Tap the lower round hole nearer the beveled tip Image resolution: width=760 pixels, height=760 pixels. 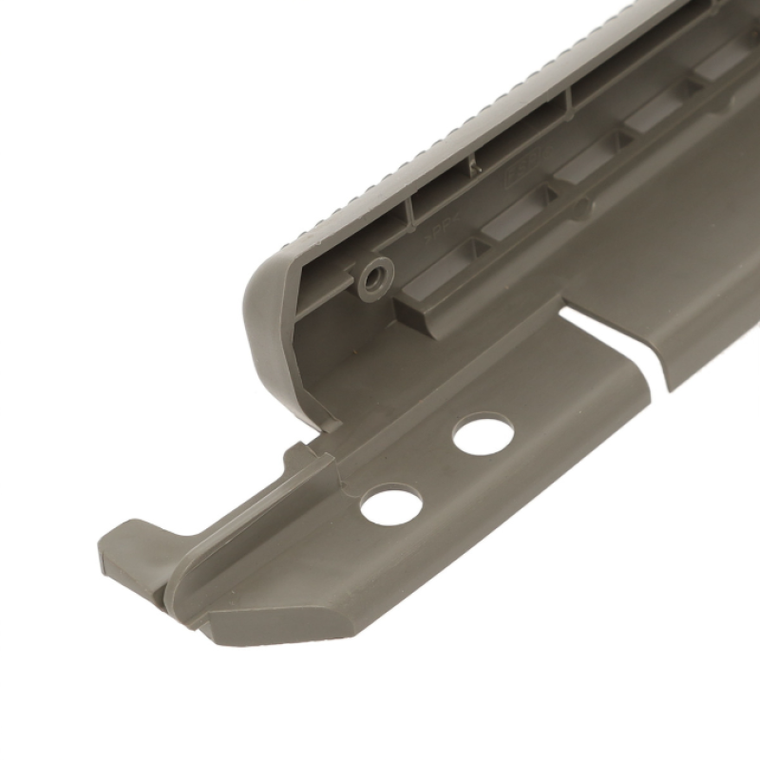390,503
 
